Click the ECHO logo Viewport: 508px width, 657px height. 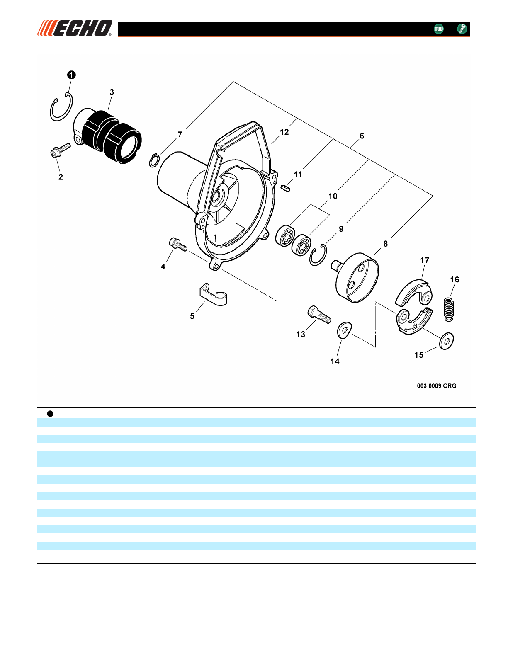pyautogui.click(x=75, y=28)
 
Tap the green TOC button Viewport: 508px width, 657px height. pyautogui.click(x=438, y=29)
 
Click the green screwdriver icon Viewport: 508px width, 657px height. pyautogui.click(x=462, y=29)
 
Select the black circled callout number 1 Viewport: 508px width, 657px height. pyautogui.click(x=71, y=75)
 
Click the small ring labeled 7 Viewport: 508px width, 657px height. pyautogui.click(x=154, y=160)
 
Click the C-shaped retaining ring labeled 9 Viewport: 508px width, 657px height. pyautogui.click(x=318, y=255)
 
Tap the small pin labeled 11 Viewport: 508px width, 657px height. pyautogui.click(x=285, y=189)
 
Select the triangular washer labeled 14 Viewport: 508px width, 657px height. pyautogui.click(x=344, y=330)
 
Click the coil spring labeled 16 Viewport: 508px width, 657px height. pyautogui.click(x=448, y=308)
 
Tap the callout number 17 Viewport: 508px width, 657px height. pyautogui.click(x=425, y=260)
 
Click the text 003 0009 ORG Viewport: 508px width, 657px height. pyautogui.click(x=436, y=386)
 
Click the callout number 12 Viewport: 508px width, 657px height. pyautogui.click(x=284, y=132)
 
